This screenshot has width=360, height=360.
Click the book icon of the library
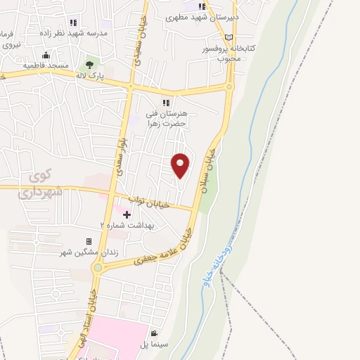pos(228,37)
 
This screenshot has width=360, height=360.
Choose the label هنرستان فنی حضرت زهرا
pos(165,117)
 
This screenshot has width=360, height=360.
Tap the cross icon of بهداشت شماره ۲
pos(127,214)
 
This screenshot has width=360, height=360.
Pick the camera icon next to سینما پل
pos(153,333)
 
